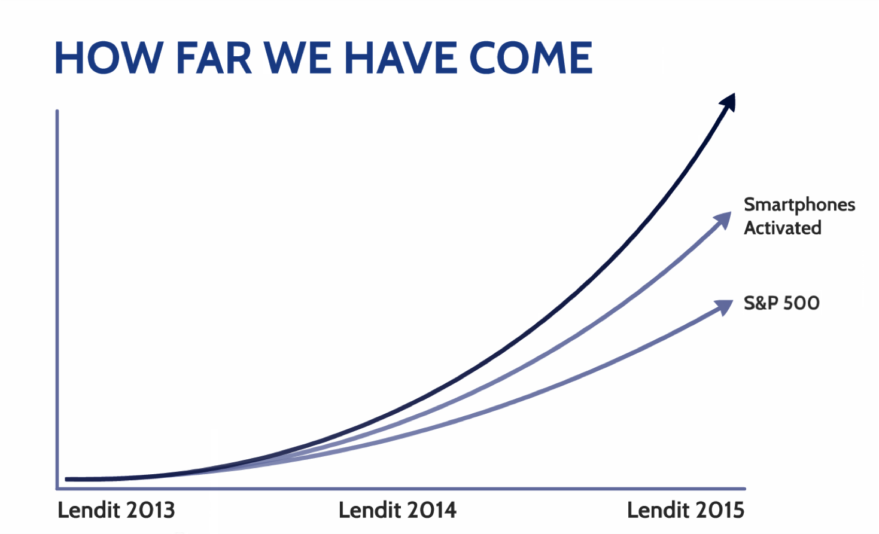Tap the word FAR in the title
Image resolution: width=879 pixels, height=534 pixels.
[214, 57]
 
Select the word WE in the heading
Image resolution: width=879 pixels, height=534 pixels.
[297, 57]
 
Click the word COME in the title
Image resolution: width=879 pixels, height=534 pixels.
[531, 57]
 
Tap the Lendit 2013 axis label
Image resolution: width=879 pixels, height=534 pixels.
[116, 510]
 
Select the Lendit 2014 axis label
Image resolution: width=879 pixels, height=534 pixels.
[397, 510]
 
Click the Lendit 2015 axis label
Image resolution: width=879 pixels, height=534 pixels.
[686, 510]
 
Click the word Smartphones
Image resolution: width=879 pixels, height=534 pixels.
[799, 205]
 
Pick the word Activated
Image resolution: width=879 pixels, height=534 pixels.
[783, 228]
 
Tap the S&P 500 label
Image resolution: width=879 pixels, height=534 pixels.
[781, 303]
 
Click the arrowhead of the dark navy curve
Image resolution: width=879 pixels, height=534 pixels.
[728, 103]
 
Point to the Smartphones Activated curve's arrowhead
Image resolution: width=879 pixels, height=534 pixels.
[723, 220]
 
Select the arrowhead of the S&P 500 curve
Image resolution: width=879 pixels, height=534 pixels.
[724, 307]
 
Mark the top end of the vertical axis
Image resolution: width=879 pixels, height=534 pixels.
[57, 111]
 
